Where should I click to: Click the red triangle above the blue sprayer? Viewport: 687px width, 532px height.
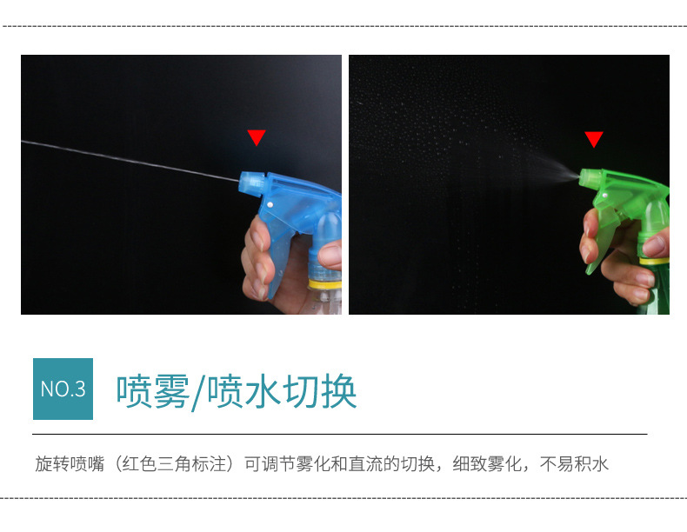pos(256,137)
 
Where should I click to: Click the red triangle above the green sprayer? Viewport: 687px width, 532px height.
pos(593,139)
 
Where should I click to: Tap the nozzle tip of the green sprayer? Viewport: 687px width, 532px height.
pos(581,176)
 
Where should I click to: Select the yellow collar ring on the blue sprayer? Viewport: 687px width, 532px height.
pos(325,283)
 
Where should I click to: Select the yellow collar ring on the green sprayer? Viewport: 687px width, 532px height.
pos(656,260)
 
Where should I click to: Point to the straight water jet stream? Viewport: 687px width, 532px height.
pos(130,161)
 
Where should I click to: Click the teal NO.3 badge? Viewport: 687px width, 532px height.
pos(63,389)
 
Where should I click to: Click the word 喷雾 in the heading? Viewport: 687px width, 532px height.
pos(152,391)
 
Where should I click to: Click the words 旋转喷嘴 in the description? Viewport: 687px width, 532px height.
pos(66,464)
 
